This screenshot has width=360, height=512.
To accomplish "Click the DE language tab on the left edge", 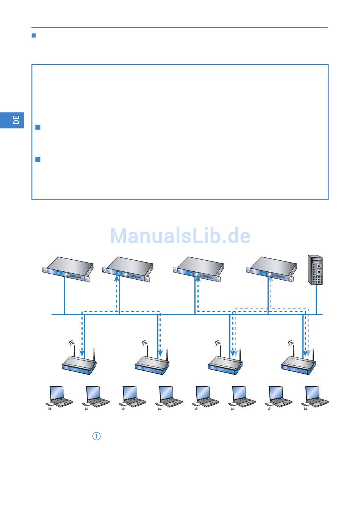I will [x=16, y=120].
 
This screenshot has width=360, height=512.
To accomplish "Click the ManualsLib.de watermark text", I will [x=180, y=236].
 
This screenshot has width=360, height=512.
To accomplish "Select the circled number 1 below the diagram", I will [x=97, y=436].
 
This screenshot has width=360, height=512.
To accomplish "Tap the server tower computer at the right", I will [x=315, y=270].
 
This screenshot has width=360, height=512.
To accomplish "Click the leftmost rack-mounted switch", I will [x=68, y=269].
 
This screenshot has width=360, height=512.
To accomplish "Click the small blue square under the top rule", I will [x=33, y=36].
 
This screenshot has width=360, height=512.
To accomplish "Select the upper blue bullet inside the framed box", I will [x=38, y=127].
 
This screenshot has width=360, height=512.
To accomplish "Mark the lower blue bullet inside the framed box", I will [x=38, y=160].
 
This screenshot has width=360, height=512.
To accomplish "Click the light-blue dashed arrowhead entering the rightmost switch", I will [x=270, y=280].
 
